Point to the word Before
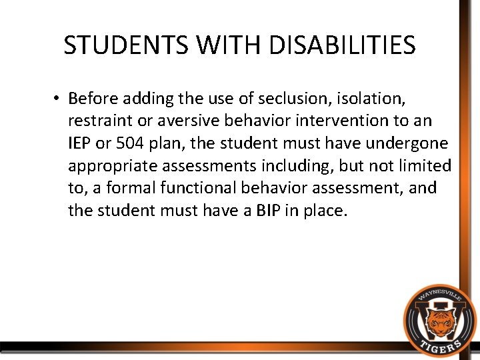[93, 99]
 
